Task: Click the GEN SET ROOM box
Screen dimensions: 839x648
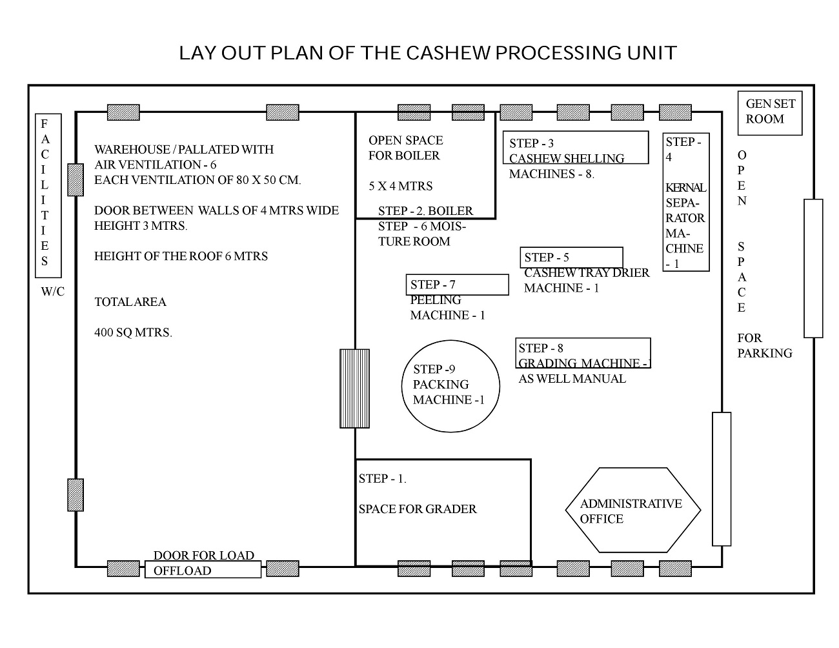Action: tap(769, 113)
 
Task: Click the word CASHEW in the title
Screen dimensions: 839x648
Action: tap(448, 53)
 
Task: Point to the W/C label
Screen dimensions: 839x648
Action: tap(52, 291)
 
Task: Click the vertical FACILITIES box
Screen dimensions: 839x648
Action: tap(48, 196)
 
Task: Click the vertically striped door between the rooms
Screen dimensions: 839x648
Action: tap(354, 389)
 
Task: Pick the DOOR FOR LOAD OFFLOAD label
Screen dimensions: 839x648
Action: tap(203, 563)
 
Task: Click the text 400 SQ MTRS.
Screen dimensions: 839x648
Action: tap(133, 332)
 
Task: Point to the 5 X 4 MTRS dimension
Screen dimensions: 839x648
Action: tap(400, 186)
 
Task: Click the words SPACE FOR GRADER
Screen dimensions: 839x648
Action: tap(418, 509)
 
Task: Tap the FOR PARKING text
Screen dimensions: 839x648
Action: tap(765, 345)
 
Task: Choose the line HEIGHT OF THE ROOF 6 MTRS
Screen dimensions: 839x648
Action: tap(181, 256)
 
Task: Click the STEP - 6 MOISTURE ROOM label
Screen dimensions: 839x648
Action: tap(422, 234)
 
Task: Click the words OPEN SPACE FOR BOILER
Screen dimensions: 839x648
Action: tap(405, 148)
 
